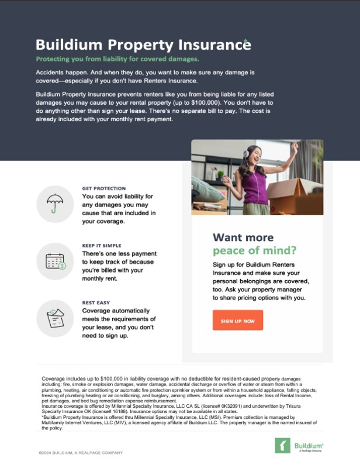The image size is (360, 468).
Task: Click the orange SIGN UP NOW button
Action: pos(237,321)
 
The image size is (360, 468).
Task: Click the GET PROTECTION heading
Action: pos(104,188)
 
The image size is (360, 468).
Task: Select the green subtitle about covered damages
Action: pos(117,60)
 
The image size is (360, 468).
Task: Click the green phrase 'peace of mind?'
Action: pos(254,251)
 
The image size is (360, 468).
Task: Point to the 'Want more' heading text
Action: pos(243,238)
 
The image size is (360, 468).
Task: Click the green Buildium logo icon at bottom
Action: pos(282,445)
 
